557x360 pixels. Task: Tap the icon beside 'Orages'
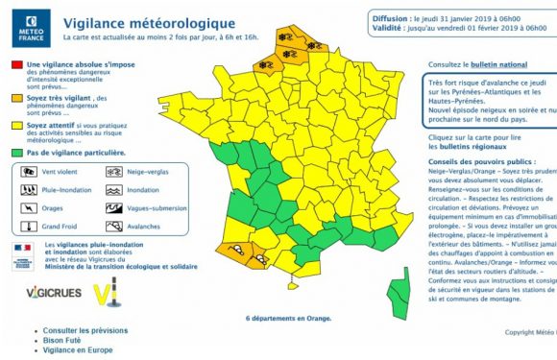(x=28, y=208)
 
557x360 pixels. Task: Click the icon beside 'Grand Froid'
(x=28, y=227)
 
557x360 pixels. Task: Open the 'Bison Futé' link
(x=66, y=340)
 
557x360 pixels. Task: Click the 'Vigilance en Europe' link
(x=85, y=349)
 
